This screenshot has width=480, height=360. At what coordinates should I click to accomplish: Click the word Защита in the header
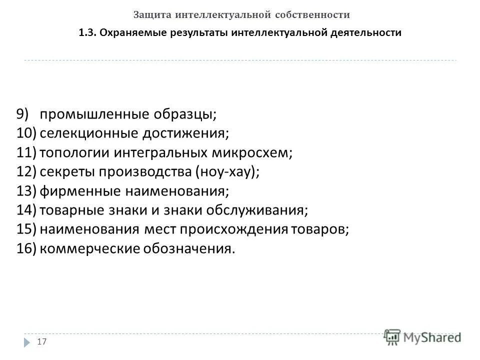[152, 14]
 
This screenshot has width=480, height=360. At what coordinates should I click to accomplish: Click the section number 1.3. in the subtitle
[87, 33]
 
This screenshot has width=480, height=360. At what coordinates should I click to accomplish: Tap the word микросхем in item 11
[253, 152]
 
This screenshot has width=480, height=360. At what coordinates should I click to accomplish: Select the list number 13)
[26, 191]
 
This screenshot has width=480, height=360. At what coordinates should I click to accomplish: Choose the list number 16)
[26, 248]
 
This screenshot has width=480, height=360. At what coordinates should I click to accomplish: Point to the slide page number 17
[42, 341]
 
